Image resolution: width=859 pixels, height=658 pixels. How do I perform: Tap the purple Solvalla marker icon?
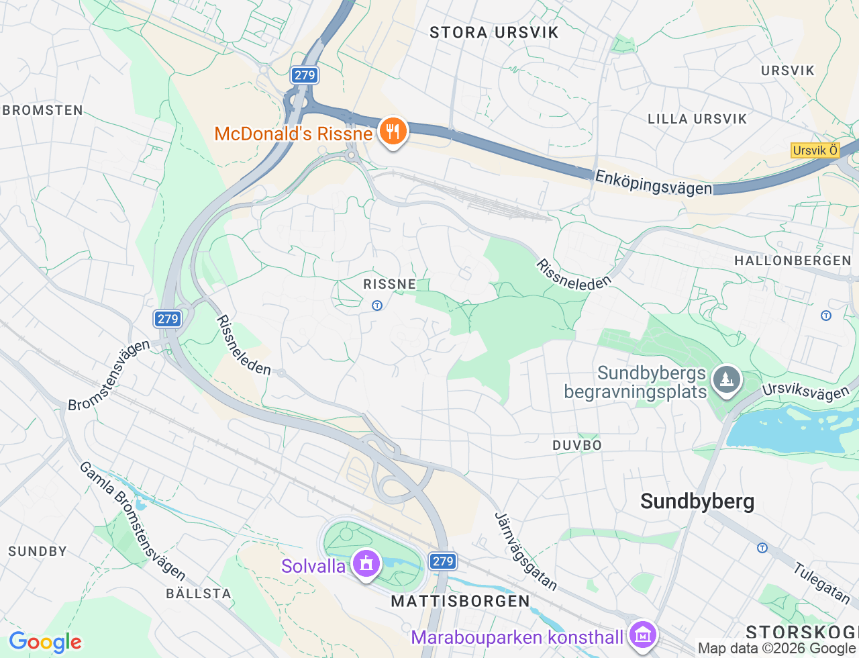pyautogui.click(x=366, y=564)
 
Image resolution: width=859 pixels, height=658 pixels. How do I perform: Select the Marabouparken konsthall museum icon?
pyautogui.click(x=643, y=634)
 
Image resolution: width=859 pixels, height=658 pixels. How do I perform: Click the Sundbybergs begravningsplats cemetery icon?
pyautogui.click(x=726, y=381)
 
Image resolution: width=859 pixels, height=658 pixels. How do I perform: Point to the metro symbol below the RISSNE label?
pyautogui.click(x=377, y=305)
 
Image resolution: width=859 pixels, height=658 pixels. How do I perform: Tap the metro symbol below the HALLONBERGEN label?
pyautogui.click(x=826, y=315)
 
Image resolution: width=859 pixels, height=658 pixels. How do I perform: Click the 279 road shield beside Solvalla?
pyautogui.click(x=443, y=561)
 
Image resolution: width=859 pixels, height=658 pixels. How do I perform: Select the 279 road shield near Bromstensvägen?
pyautogui.click(x=168, y=319)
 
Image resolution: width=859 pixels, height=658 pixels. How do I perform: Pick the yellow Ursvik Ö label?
pyautogui.click(x=815, y=150)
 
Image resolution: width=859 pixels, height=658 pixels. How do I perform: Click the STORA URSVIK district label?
pyautogui.click(x=494, y=32)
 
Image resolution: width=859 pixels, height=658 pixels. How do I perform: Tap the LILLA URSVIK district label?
pyautogui.click(x=697, y=119)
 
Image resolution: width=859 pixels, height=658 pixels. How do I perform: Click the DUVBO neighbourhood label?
pyautogui.click(x=577, y=445)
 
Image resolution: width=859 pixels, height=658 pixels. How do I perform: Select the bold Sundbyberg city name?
pyautogui.click(x=697, y=502)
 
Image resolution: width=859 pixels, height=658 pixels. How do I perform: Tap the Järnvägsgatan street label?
pyautogui.click(x=525, y=552)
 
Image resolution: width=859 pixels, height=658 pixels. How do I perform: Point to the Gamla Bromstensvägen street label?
pyautogui.click(x=132, y=521)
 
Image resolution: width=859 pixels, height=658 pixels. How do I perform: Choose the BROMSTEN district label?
pyautogui.click(x=43, y=110)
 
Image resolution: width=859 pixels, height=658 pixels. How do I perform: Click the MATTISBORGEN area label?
pyautogui.click(x=460, y=601)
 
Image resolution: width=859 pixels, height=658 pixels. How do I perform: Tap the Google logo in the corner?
pyautogui.click(x=45, y=642)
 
